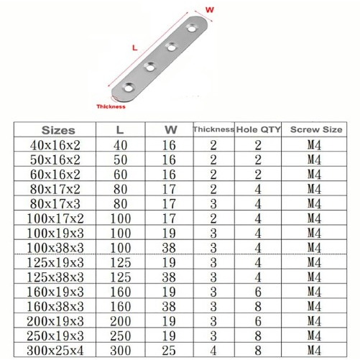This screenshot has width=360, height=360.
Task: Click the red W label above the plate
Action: (209, 10)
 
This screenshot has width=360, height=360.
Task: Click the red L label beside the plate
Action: (135, 48)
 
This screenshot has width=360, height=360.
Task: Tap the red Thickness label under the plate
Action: (111, 106)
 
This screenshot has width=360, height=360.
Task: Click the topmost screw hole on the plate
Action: (192, 28)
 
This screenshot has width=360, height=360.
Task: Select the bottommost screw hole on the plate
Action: (129, 88)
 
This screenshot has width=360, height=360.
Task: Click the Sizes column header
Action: (58, 130)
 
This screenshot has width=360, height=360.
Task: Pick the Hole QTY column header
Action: (258, 129)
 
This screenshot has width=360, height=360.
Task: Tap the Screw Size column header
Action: (316, 129)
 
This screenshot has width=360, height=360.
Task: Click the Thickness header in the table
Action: (213, 129)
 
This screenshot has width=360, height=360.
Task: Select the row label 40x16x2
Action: (55, 145)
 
